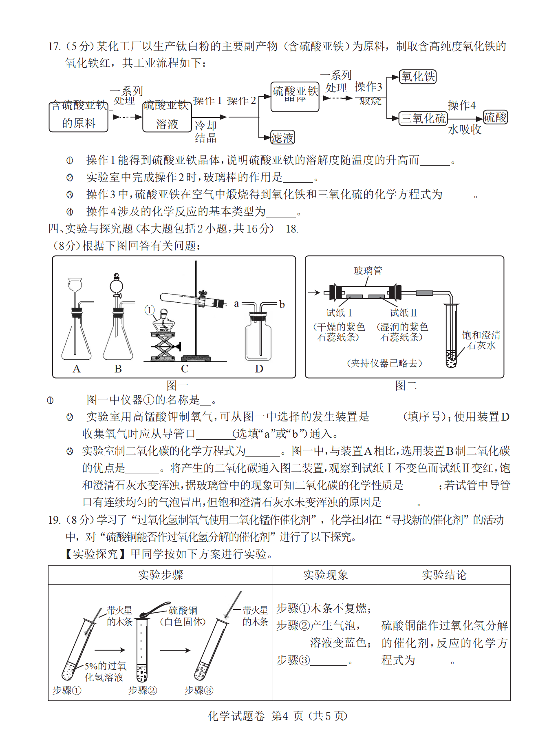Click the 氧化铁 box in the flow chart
point(418,77)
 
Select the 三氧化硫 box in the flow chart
point(423,119)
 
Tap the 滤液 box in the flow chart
point(282,138)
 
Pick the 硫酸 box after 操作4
point(495,117)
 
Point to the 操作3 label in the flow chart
point(368,87)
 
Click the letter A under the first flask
point(77,369)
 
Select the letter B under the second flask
point(118,369)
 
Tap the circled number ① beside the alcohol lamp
point(150,310)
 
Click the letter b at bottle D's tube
point(282,304)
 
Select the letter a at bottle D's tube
point(236,304)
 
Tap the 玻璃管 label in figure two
point(368,270)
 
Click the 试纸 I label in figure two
point(339,313)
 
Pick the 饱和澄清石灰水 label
point(481,340)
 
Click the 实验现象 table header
point(325,575)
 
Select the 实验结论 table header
point(444,575)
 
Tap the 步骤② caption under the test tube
point(142,690)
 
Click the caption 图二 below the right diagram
point(406,386)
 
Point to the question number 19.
point(54,520)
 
